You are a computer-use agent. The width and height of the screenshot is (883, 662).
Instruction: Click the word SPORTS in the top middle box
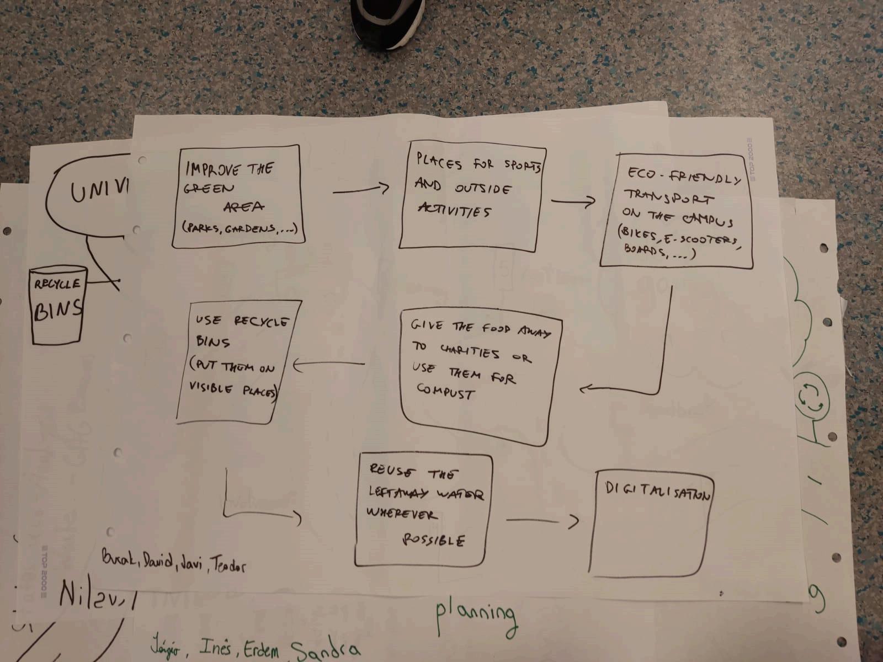click(522, 166)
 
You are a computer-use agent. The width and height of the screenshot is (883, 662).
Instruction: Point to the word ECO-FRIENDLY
click(684, 177)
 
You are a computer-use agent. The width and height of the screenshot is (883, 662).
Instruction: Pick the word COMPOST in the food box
click(445, 392)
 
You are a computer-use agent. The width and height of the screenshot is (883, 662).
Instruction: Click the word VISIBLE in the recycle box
click(211, 387)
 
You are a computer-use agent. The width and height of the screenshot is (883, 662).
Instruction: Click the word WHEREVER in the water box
click(402, 514)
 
